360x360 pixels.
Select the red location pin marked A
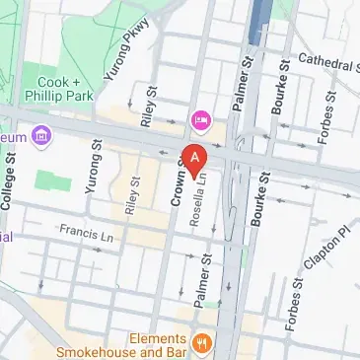[x=196, y=157]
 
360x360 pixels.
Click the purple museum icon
[x=41, y=135]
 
